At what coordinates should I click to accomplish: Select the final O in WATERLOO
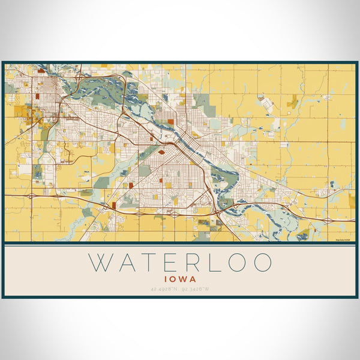(262, 263)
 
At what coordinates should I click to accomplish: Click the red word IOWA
(180, 279)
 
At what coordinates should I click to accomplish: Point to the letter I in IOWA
(165, 279)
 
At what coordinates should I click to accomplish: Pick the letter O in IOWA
(173, 279)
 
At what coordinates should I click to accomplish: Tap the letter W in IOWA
(184, 279)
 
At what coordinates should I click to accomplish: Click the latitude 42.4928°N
(164, 290)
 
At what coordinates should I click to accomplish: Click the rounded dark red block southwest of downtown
(161, 152)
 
